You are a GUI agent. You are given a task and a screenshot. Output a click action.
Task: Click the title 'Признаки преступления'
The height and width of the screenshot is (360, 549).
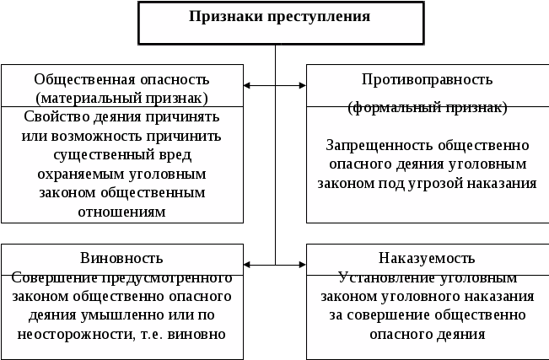274,17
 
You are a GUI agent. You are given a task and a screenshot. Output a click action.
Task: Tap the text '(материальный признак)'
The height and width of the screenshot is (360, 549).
121,98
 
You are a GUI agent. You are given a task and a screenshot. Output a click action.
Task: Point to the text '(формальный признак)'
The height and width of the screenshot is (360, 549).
427,108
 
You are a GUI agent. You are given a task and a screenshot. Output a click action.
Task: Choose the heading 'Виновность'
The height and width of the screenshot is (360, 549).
121,257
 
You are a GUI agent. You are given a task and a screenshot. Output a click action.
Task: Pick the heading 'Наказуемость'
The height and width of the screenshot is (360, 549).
427,257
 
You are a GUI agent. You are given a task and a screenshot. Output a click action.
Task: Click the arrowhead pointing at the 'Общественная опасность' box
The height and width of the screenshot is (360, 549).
247,85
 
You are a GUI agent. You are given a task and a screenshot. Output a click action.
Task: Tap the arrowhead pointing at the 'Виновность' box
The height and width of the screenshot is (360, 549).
247,266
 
